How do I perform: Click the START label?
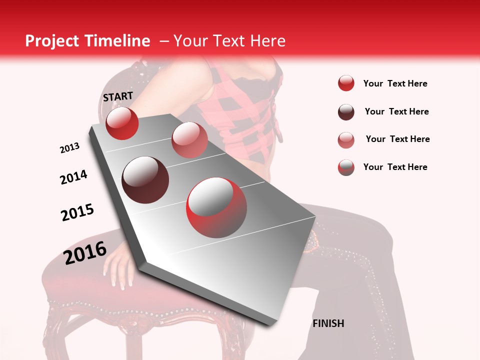point(118,96)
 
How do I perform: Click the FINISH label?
point(328,323)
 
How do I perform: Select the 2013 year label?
point(69,148)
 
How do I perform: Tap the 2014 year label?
point(73,177)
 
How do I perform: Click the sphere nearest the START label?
point(122,123)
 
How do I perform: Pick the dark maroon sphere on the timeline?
point(145,180)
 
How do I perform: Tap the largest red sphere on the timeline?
point(216,207)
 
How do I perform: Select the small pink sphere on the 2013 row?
point(189,139)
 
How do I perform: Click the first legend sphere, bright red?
point(346,83)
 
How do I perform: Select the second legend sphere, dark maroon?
point(346,112)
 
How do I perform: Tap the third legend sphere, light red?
point(346,140)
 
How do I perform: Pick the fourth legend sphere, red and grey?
point(346,167)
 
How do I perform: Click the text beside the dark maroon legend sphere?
point(396,111)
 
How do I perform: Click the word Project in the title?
point(50,41)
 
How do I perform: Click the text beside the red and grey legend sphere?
point(395,167)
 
